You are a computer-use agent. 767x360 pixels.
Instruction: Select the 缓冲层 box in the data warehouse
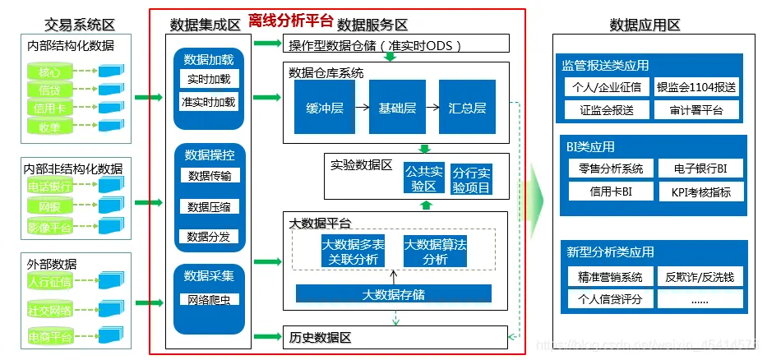point(324,108)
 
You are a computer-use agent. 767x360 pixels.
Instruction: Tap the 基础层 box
point(396,108)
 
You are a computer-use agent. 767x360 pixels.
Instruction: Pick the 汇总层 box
point(467,108)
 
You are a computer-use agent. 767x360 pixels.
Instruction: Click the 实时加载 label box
point(209,79)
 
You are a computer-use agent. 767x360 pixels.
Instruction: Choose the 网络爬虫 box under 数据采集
point(209,299)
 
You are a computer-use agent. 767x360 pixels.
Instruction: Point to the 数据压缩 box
point(209,206)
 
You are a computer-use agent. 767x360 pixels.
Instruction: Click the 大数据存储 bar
point(393,293)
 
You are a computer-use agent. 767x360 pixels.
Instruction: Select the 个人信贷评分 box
point(610,299)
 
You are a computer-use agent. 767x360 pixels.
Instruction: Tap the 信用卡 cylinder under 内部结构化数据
point(44,108)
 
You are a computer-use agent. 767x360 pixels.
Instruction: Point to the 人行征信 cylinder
point(49,282)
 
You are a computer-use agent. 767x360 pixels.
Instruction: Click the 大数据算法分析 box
point(435,252)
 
